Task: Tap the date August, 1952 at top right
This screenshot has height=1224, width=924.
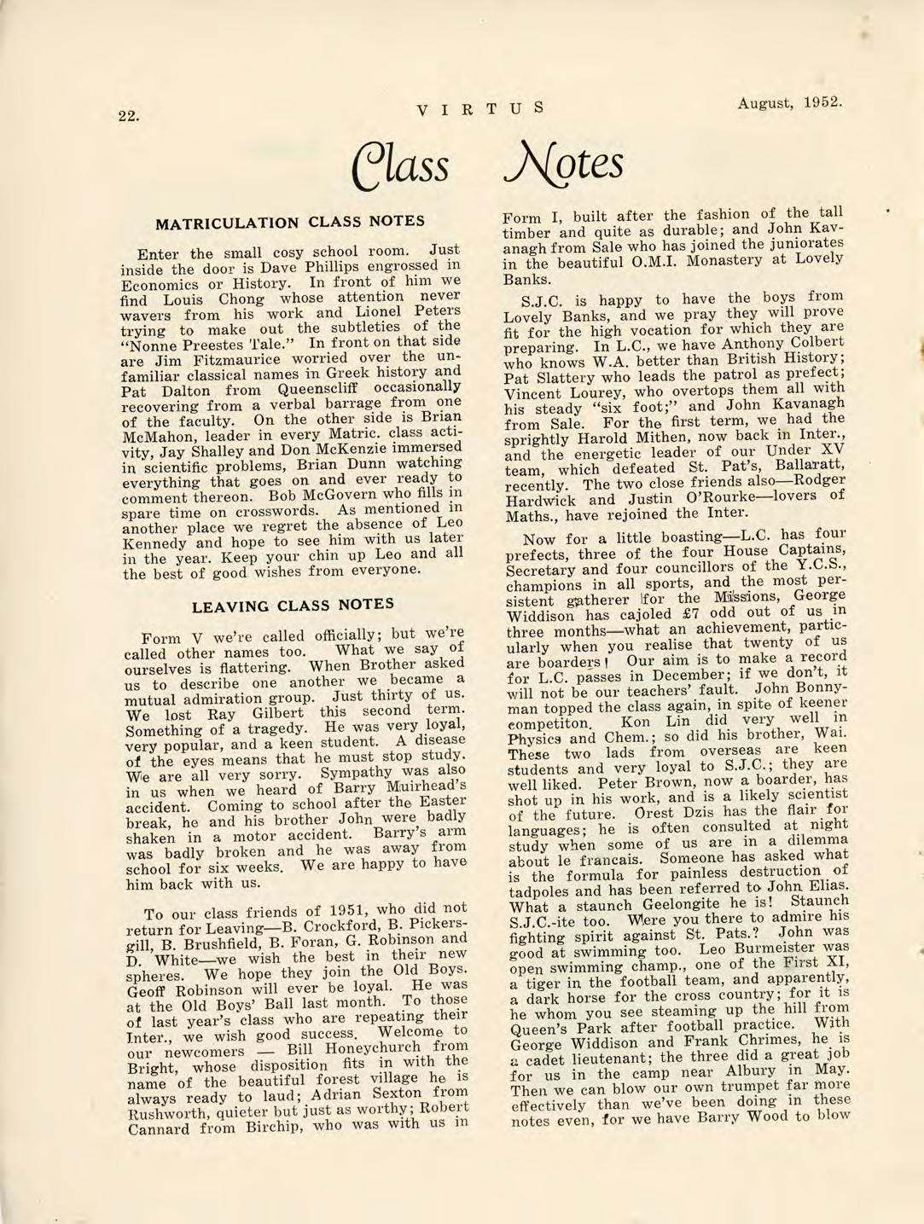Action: [x=790, y=103]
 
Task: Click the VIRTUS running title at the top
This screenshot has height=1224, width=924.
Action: [x=480, y=108]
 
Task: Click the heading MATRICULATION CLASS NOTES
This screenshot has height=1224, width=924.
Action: [x=289, y=222]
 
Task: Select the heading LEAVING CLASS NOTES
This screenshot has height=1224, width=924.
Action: [x=293, y=606]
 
